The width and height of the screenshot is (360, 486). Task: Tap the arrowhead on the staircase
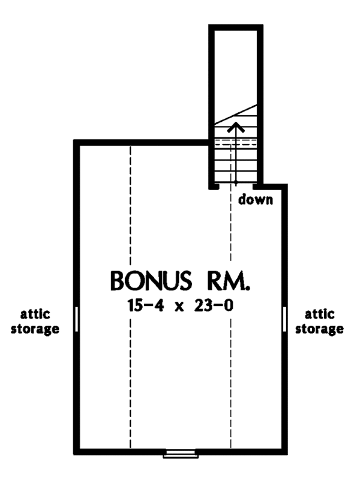click(237, 127)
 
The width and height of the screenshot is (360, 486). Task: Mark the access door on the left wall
click(76, 319)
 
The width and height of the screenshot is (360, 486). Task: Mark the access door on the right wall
click(284, 319)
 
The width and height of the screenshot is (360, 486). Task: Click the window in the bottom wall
click(180, 454)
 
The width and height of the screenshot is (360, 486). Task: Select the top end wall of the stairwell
click(236, 27)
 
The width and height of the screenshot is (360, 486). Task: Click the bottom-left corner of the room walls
click(76, 452)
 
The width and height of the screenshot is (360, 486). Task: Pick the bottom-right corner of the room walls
click(284, 452)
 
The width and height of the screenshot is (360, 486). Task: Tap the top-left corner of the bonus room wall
click(76, 143)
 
